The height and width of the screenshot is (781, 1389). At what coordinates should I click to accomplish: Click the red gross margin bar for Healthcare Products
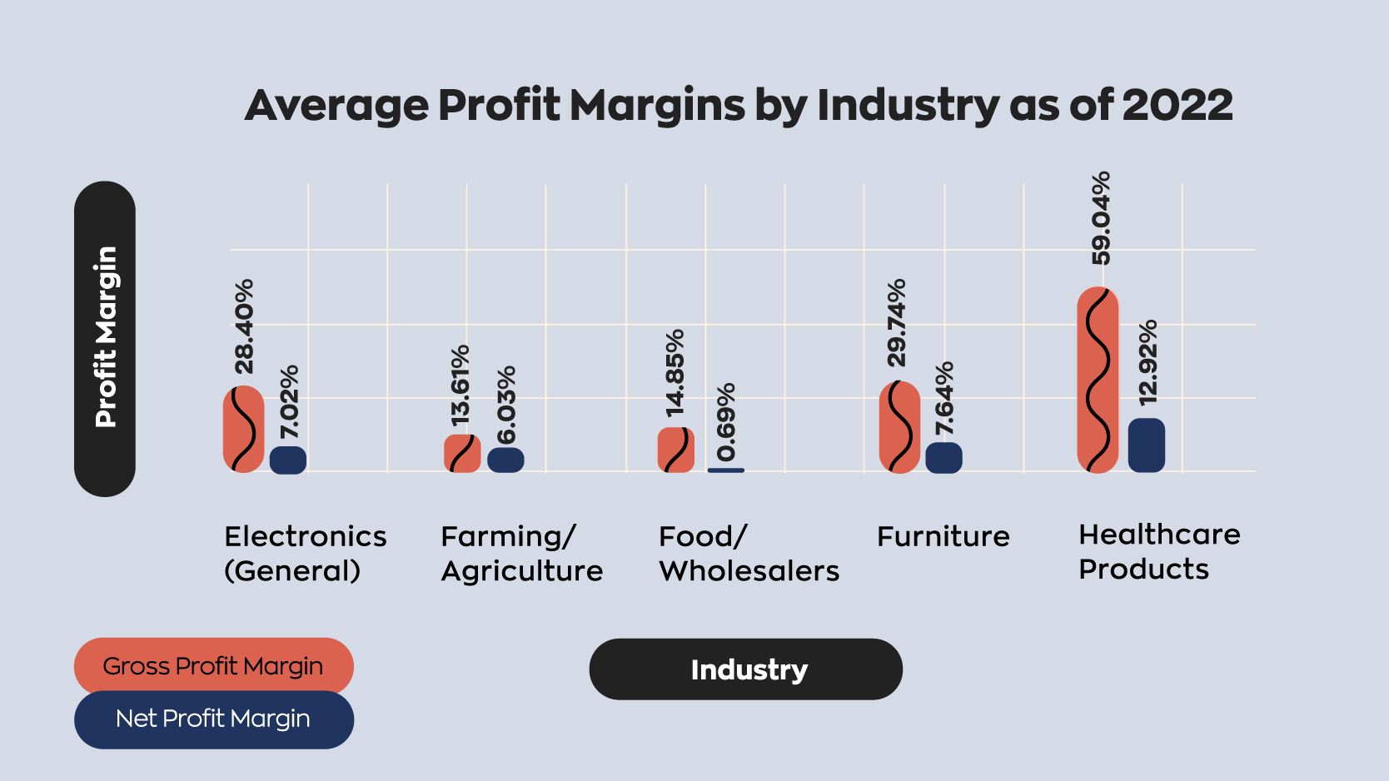(1098, 380)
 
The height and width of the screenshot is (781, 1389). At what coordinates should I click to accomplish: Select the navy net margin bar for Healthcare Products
(1146, 445)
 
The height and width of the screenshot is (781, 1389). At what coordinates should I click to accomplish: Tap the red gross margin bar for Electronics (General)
(243, 429)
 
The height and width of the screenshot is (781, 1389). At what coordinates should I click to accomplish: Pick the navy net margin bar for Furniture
(943, 458)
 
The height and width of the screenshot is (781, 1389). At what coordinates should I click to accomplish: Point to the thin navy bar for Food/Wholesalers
(725, 470)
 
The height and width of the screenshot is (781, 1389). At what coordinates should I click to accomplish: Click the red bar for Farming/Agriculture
(462, 454)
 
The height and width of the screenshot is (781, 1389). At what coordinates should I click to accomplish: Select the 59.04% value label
(1101, 218)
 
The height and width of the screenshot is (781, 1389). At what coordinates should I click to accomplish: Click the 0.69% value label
(726, 421)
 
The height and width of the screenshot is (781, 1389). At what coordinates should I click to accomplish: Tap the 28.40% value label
(244, 326)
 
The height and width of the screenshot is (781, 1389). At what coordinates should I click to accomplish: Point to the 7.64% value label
(944, 398)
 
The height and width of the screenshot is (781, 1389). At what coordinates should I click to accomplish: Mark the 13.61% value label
(461, 384)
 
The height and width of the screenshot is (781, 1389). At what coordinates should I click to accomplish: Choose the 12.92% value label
(1148, 361)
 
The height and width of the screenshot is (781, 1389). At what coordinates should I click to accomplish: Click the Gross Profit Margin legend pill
(213, 666)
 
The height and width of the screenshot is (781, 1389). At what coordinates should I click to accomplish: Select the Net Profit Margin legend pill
(213, 719)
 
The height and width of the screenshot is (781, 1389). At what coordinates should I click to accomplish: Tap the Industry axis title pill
(746, 669)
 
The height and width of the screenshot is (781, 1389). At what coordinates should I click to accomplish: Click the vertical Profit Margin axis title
(105, 338)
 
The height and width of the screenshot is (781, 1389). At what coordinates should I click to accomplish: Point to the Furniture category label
(943, 536)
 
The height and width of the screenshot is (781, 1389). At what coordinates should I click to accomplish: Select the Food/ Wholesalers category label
(748, 554)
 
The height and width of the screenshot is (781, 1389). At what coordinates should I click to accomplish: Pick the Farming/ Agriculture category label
(521, 554)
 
